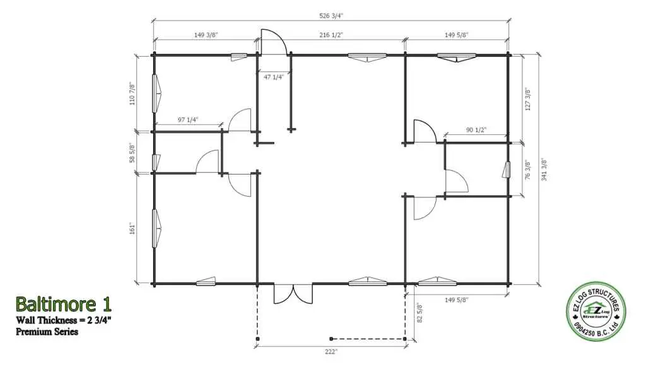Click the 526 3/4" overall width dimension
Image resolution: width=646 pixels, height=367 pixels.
331,16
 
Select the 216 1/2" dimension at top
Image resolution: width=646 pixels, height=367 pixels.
331,35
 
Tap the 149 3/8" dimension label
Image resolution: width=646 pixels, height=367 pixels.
206,35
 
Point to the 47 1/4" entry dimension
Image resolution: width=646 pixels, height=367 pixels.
274,77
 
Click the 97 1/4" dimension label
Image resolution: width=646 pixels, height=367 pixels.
188,119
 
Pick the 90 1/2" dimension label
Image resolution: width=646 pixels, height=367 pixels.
476,130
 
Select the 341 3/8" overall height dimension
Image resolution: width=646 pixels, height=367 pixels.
544,169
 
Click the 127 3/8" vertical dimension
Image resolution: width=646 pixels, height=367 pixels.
528,99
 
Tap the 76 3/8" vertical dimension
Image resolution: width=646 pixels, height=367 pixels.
528,170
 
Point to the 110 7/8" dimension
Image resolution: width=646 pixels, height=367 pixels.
132,94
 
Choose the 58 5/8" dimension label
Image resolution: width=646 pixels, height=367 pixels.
132,153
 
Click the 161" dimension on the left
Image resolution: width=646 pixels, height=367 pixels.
132,229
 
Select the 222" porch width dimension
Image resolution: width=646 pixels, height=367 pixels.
331,351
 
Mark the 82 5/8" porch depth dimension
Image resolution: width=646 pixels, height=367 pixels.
420,313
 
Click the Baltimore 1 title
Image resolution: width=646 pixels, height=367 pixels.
64,305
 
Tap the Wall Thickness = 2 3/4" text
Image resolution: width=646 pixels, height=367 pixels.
64,320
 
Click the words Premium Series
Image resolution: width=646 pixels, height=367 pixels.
47,332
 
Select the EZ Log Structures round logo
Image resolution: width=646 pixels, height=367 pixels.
596,312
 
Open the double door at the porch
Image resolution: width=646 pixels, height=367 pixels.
293,294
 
